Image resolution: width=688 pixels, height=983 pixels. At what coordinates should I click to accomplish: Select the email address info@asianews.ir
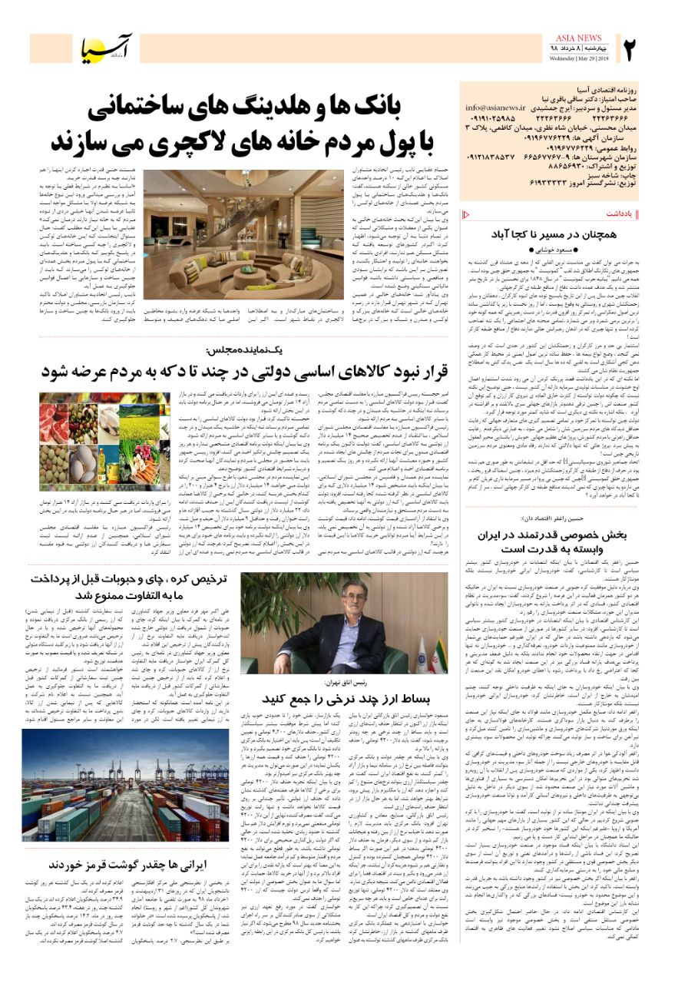point(496,109)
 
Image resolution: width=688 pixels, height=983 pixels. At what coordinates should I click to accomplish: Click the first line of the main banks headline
point(253,109)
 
